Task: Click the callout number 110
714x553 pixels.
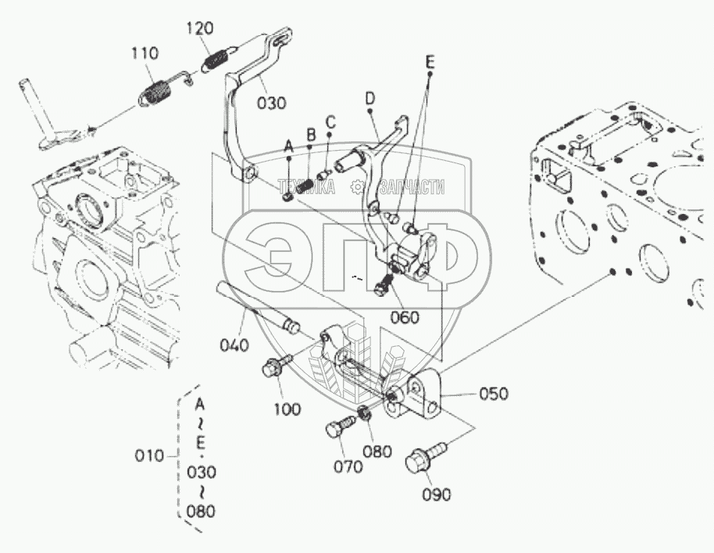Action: [x=145, y=54]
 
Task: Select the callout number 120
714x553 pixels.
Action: [x=200, y=29]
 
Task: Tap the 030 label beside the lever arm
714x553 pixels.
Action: [x=270, y=102]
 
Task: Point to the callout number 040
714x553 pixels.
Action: [x=234, y=344]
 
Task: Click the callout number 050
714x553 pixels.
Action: [x=492, y=393]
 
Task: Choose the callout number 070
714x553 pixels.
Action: [x=348, y=466]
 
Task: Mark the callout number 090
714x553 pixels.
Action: [x=436, y=494]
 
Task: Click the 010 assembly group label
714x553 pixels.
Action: [x=148, y=455]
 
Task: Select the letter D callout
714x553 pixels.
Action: [x=370, y=98]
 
